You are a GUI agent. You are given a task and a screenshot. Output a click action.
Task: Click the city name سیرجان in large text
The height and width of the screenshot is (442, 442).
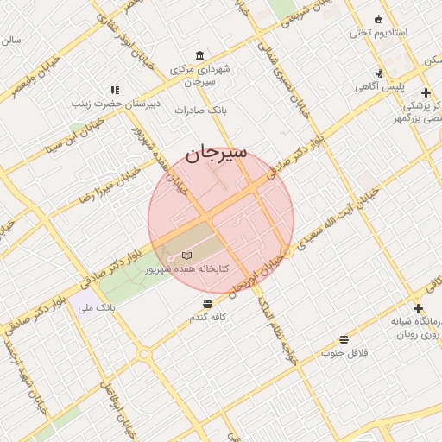tap(216, 154)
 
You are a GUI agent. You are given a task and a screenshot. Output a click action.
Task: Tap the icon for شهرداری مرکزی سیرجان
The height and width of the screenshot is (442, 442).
tap(200, 54)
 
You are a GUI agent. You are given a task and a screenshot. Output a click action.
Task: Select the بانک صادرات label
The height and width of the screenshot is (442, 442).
tap(199, 110)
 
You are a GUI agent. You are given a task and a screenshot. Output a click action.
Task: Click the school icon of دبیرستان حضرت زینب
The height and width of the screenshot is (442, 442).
tap(114, 89)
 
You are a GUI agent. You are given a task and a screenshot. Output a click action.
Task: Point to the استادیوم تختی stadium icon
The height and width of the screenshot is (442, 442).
tap(378, 20)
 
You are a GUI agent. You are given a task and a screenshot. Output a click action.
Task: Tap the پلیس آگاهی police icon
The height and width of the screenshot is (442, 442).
tap(379, 73)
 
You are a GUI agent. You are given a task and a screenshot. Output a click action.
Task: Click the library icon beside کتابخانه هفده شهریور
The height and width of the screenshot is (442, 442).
tap(188, 256)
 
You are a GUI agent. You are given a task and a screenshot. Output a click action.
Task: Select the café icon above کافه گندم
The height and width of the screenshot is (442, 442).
tap(207, 304)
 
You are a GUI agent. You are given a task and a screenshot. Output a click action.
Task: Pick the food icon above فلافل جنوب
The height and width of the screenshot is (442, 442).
tap(344, 339)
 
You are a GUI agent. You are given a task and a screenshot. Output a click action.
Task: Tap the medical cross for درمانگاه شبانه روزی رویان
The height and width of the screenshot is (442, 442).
tap(418, 308)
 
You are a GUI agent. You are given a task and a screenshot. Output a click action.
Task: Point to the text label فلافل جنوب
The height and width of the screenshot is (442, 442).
tap(345, 353)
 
